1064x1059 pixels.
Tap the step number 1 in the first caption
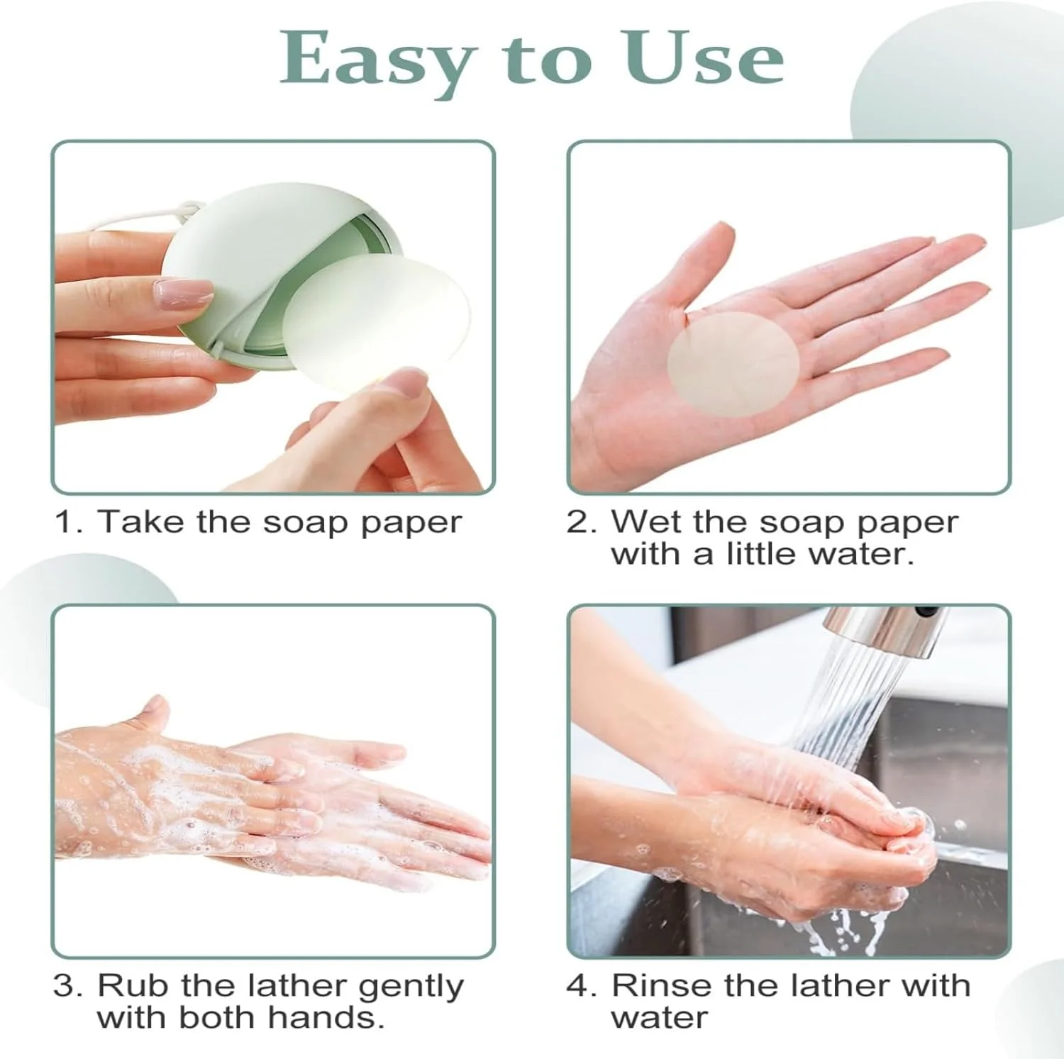click(67, 522)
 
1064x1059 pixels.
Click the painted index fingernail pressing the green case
click(184, 292)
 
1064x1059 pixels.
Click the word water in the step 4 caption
click(659, 1017)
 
